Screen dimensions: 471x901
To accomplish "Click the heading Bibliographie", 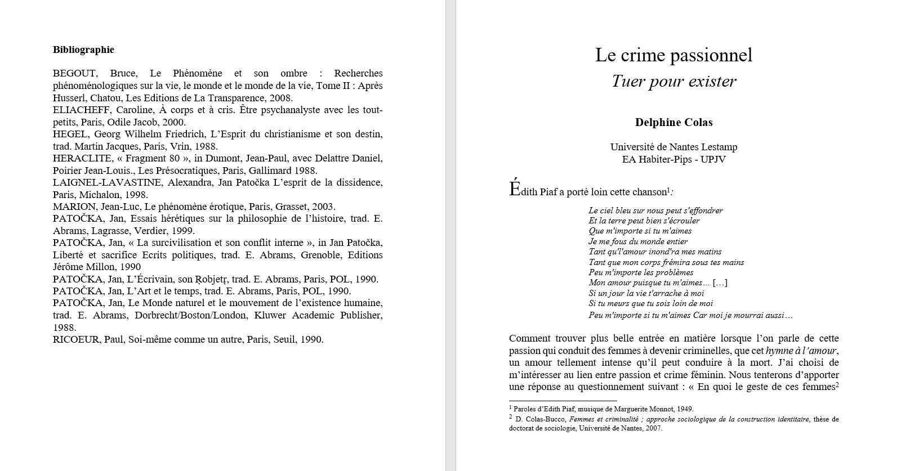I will pos(83,50).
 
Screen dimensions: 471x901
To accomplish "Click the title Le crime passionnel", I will pos(673,55).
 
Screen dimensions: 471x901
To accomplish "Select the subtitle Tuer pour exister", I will pos(673,82).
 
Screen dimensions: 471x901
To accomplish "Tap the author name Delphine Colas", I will pos(673,123).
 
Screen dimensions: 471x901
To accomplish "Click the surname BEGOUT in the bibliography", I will pos(75,74).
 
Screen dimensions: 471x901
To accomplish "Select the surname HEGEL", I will pos(70,134).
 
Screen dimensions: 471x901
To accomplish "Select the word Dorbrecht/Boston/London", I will pos(190,316).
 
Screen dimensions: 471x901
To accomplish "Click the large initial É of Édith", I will pos(515,190).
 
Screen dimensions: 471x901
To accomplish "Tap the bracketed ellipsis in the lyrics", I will pos(720,282).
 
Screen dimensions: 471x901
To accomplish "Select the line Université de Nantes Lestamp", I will pos(673,147).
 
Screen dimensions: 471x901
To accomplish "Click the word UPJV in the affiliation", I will pos(713,159).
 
